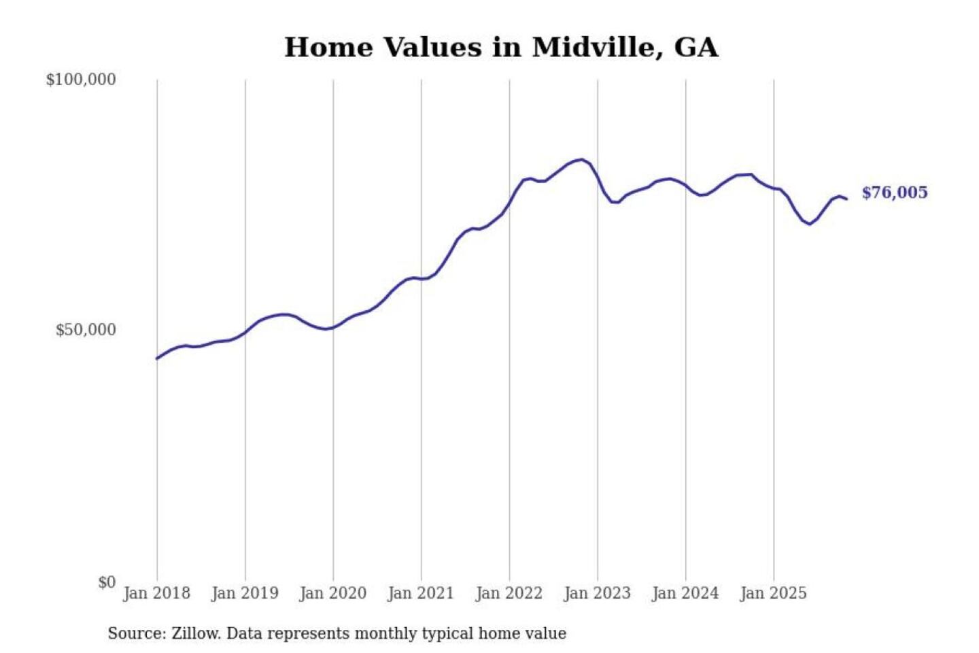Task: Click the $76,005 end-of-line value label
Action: click(894, 192)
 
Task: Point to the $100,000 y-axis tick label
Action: click(81, 80)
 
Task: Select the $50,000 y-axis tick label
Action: click(86, 330)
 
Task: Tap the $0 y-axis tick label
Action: click(107, 582)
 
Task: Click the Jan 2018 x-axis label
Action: click(156, 593)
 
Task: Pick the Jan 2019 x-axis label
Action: click(245, 593)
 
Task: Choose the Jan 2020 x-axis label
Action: click(332, 593)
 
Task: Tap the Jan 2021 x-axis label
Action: click(420, 593)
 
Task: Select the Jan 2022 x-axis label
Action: click(509, 593)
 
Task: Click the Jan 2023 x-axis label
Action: click(597, 593)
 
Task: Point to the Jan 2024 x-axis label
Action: click(685, 593)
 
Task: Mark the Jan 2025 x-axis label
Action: click(773, 593)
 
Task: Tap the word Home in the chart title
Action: click(329, 48)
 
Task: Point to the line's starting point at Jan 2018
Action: click(157, 358)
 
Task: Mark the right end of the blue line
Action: click(846, 199)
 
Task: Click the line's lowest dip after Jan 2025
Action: click(809, 224)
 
